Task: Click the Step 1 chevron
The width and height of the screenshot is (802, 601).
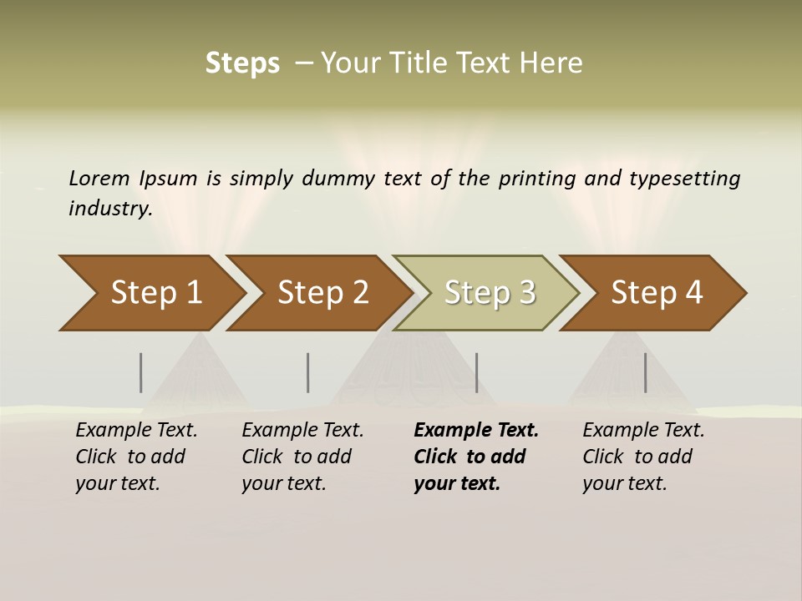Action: tap(155, 293)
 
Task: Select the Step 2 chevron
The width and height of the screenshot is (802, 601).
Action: tap(322, 293)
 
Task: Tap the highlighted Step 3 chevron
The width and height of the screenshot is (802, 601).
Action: tap(490, 293)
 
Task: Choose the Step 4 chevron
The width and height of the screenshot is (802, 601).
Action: tap(657, 293)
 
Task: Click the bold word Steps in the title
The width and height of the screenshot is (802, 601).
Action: tap(242, 63)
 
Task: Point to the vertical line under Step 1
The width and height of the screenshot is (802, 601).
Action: tap(141, 372)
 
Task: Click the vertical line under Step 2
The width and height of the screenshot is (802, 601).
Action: tap(308, 372)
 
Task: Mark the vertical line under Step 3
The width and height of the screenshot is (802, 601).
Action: tap(477, 372)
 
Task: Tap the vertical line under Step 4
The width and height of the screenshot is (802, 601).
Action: tap(646, 372)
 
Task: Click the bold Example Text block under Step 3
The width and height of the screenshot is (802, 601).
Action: tap(475, 457)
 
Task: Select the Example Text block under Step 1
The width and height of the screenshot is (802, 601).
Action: tap(135, 457)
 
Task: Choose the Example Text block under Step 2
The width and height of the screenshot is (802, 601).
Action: tap(302, 457)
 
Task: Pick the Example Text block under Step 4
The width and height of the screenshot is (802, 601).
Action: tap(642, 457)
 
